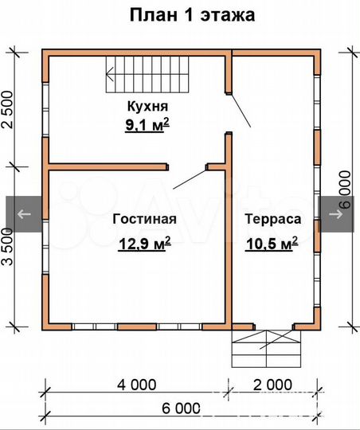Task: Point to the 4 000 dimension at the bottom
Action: [x=136, y=385]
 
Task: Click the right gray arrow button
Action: [x=337, y=214]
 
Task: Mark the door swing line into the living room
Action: [x=190, y=178]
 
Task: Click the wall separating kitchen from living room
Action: [x=108, y=166]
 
